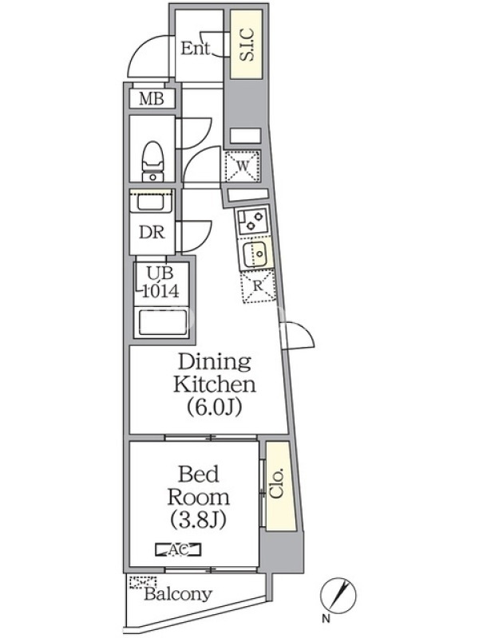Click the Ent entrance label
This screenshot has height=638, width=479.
click(x=195, y=49)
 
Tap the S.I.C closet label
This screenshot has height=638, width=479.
click(x=247, y=45)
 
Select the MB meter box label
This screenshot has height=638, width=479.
click(x=152, y=98)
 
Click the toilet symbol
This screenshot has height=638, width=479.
click(x=152, y=161)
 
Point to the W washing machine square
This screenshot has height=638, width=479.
click(x=243, y=166)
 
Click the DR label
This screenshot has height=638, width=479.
click(x=152, y=232)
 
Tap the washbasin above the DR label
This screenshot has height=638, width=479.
click(x=152, y=202)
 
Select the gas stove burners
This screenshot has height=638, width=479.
click(x=253, y=220)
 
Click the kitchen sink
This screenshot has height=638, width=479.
click(x=255, y=254)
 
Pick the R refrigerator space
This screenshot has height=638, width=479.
click(x=258, y=287)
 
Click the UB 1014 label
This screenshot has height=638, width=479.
click(x=160, y=282)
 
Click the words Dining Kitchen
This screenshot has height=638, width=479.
click(x=215, y=372)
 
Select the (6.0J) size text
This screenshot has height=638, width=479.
click(x=215, y=406)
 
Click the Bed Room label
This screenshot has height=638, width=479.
click(x=198, y=486)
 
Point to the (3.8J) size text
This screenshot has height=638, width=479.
click(x=198, y=520)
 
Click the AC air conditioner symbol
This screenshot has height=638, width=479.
click(x=178, y=549)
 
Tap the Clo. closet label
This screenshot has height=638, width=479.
click(x=276, y=484)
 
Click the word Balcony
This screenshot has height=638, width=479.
click(x=178, y=594)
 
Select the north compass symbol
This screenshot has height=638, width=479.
click(x=338, y=595)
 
